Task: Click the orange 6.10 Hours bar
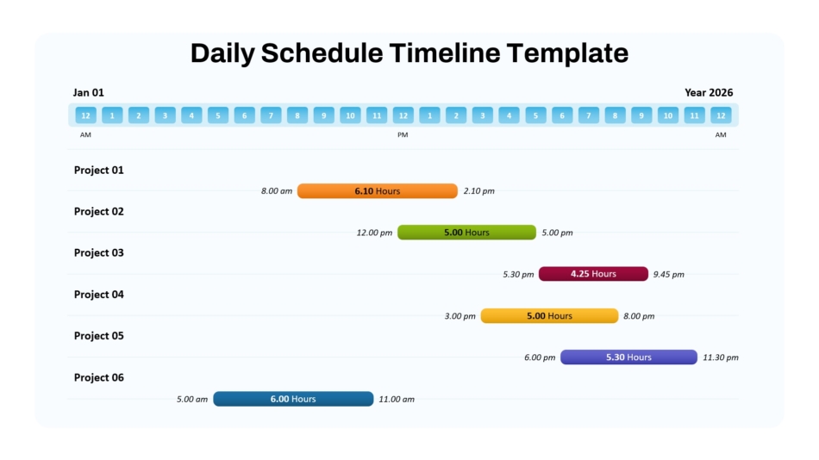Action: pyautogui.click(x=377, y=191)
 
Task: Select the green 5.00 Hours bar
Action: pyautogui.click(x=466, y=233)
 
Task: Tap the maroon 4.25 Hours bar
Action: pyautogui.click(x=593, y=274)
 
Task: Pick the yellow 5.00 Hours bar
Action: pyautogui.click(x=549, y=316)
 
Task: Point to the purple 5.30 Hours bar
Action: pyautogui.click(x=628, y=357)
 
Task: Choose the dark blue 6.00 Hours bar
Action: pyautogui.click(x=293, y=399)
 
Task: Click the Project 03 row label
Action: pyautogui.click(x=99, y=252)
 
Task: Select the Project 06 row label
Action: pyautogui.click(x=99, y=377)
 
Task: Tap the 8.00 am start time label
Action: pyautogui.click(x=277, y=191)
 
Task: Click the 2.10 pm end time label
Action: pyautogui.click(x=479, y=191)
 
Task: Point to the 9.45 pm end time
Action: pyautogui.click(x=669, y=274)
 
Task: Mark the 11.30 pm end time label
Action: pyautogui.click(x=721, y=357)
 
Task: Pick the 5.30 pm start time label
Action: pyautogui.click(x=518, y=274)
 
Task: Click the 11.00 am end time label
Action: pyautogui.click(x=397, y=400)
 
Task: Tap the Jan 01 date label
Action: pyautogui.click(x=88, y=92)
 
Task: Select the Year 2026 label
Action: pyautogui.click(x=709, y=92)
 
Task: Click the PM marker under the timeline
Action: pyautogui.click(x=403, y=134)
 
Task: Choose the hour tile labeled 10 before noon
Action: pyautogui.click(x=351, y=115)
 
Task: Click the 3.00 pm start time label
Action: pyautogui.click(x=460, y=316)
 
